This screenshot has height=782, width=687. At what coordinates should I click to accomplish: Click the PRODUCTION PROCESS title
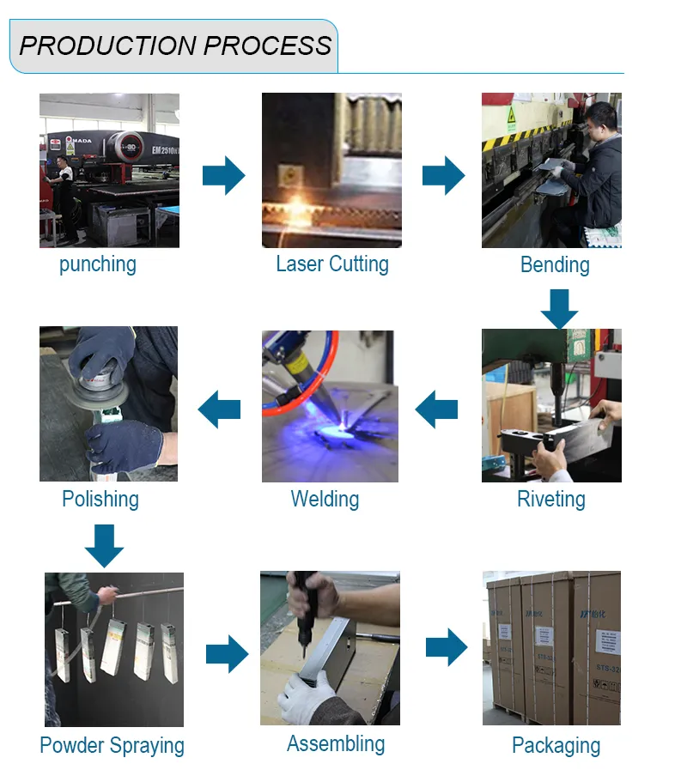tap(175, 45)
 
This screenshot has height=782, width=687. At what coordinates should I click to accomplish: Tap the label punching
tap(97, 264)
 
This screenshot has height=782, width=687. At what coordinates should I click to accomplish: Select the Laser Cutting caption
tap(331, 264)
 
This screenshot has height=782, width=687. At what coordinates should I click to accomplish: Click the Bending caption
tap(555, 264)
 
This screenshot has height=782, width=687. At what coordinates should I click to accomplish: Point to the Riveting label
tap(550, 499)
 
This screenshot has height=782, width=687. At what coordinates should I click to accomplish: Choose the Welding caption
tap(325, 499)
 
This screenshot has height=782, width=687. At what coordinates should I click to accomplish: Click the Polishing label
tap(100, 499)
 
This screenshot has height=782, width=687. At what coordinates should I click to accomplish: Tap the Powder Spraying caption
tap(112, 745)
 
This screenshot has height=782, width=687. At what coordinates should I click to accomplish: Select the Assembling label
tap(336, 743)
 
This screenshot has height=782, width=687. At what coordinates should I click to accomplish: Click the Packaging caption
tap(556, 745)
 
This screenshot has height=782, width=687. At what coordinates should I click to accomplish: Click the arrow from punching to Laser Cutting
tap(223, 175)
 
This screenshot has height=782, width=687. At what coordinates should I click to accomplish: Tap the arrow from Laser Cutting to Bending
tap(443, 175)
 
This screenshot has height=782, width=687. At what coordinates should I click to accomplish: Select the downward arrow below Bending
tap(559, 308)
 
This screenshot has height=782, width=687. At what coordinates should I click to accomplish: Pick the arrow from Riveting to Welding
tap(436, 409)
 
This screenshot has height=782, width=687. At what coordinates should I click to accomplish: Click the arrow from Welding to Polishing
tap(219, 409)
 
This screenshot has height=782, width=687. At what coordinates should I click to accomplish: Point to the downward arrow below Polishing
tap(104, 546)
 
